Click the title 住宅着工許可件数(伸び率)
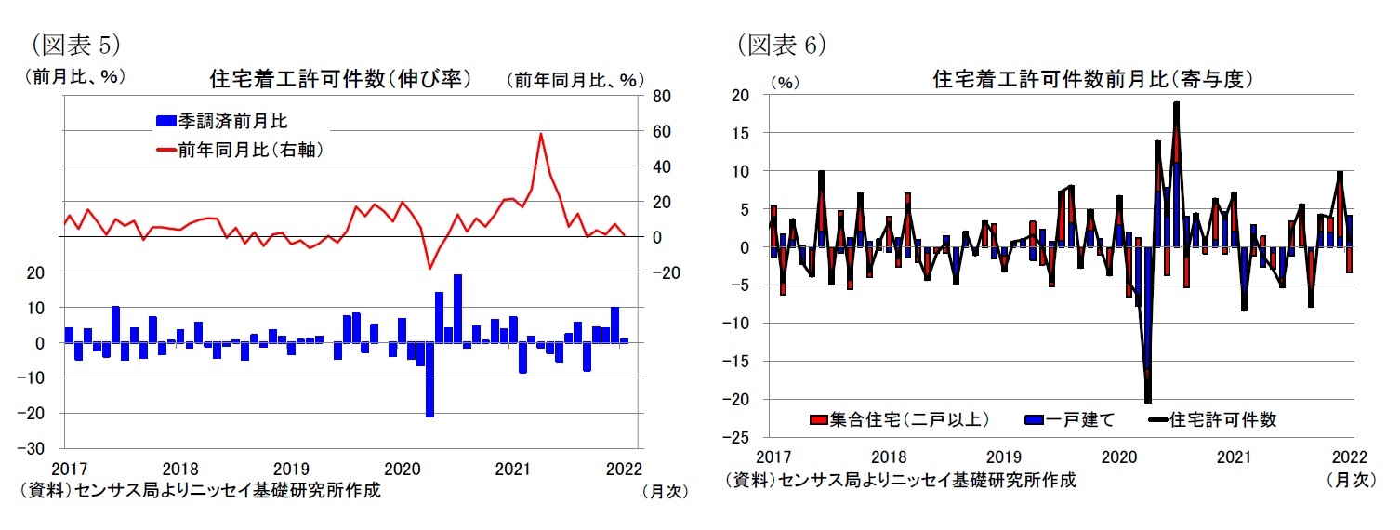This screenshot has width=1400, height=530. pyautogui.click(x=340, y=79)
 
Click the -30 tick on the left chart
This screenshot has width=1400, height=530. pyautogui.click(x=46, y=448)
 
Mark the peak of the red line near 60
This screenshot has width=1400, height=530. pyautogui.click(x=541, y=134)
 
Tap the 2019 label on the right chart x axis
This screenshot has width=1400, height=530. pyautogui.click(x=1003, y=457)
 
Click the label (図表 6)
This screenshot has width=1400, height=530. pyautogui.click(x=781, y=44)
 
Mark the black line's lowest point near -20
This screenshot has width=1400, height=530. pyautogui.click(x=1148, y=402)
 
